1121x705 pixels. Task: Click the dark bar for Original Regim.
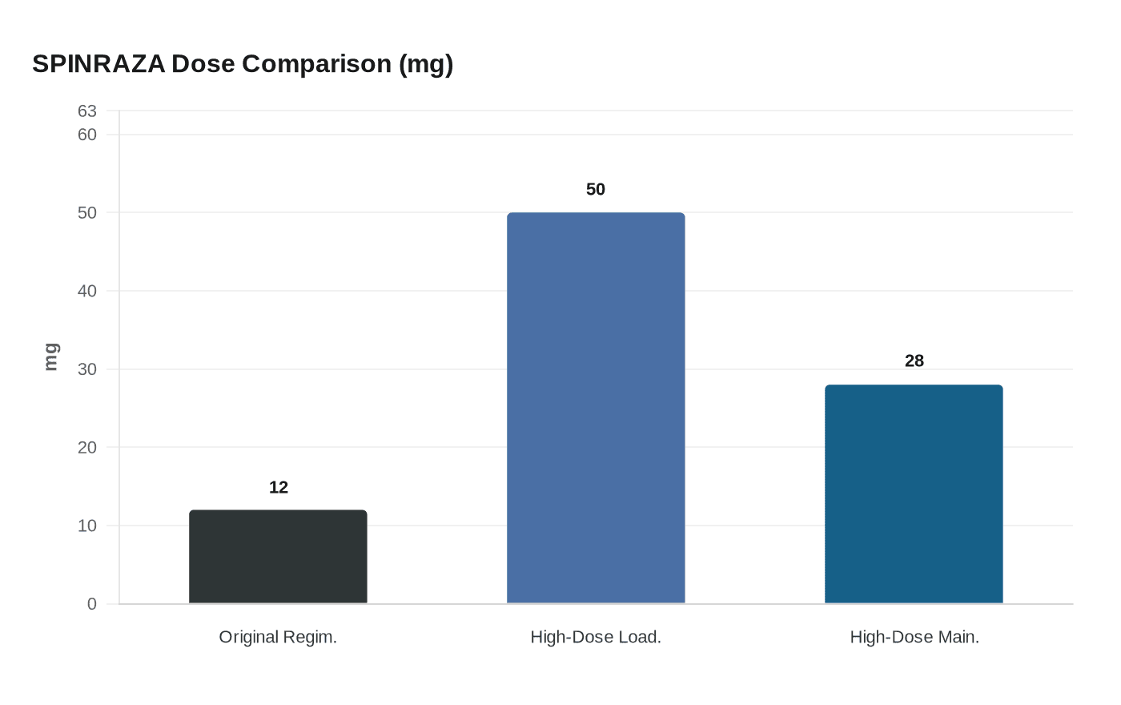[x=278, y=557]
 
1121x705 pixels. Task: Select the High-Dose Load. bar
[x=596, y=408]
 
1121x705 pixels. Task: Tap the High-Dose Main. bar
[x=914, y=494]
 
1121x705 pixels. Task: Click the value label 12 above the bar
[x=279, y=487]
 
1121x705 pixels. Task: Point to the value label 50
[x=596, y=189]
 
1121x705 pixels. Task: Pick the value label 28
[x=914, y=361]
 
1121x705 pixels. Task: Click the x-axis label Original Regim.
[x=278, y=637]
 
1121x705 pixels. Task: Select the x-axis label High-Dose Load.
[x=596, y=637]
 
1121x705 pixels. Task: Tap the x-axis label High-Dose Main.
[x=914, y=637]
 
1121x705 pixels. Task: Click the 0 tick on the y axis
[x=92, y=604]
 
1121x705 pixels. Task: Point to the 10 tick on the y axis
[x=87, y=526]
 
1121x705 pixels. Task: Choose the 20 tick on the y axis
[x=87, y=447]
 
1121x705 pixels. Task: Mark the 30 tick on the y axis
[x=87, y=369]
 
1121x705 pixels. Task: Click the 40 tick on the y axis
[x=87, y=291]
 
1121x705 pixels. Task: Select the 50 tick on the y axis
[x=87, y=212]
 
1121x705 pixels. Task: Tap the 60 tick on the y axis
[x=87, y=135]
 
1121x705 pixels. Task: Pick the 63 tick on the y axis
[x=87, y=111]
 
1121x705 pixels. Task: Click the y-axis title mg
[x=50, y=357]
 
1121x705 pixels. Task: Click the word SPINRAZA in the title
[x=98, y=63]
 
